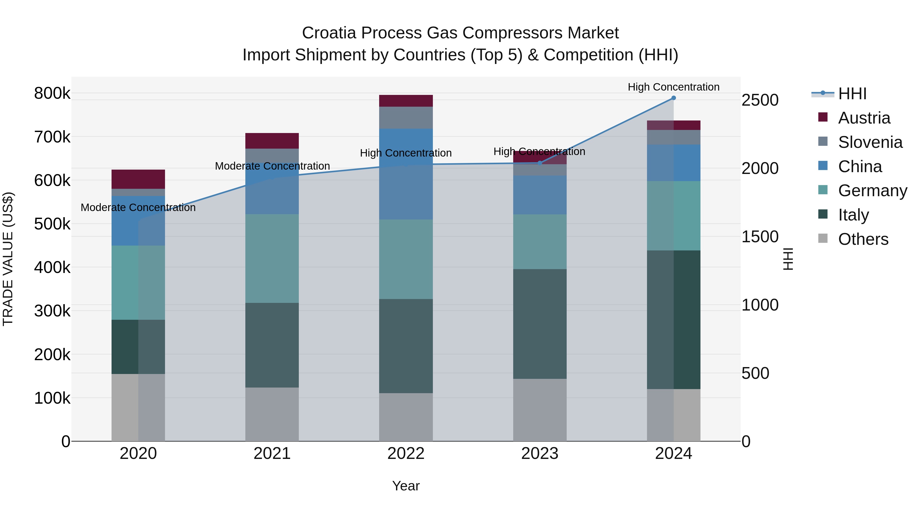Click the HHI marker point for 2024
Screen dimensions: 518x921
pyautogui.click(x=673, y=98)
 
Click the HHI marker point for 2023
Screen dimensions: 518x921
pyautogui.click(x=540, y=163)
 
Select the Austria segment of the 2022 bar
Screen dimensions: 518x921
pyautogui.click(x=406, y=101)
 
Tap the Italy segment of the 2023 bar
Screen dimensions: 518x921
pyautogui.click(x=540, y=324)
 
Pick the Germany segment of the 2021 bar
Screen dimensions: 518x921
pyautogui.click(x=272, y=258)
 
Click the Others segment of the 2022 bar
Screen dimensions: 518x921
pyautogui.click(x=406, y=417)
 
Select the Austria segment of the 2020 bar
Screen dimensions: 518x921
pyautogui.click(x=138, y=179)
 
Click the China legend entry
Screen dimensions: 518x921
pyautogui.click(x=860, y=167)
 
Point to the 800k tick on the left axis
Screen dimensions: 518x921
pyautogui.click(x=52, y=93)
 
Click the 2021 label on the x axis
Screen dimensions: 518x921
pyautogui.click(x=272, y=454)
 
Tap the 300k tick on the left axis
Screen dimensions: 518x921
pyautogui.click(x=52, y=311)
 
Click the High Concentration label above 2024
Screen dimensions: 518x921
pyautogui.click(x=673, y=87)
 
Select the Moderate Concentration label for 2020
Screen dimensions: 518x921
pyautogui.click(x=138, y=207)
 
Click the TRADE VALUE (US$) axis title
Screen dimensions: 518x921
pyautogui.click(x=8, y=259)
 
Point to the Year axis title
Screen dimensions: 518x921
pyautogui.click(x=406, y=486)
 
